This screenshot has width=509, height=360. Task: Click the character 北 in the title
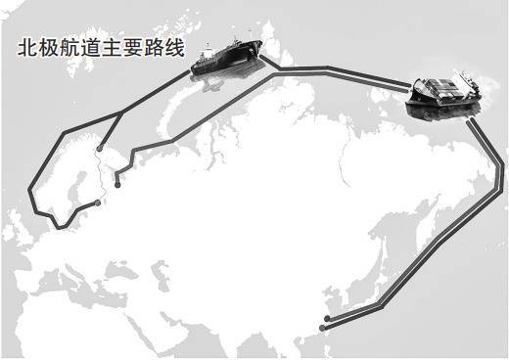[27, 48]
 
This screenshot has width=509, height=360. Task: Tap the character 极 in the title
[49, 48]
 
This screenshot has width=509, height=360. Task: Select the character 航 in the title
[69, 48]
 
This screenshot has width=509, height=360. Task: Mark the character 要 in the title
[133, 48]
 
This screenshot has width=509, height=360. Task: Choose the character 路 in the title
[155, 48]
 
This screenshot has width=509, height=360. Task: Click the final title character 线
[175, 48]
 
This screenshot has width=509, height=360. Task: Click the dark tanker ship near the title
[227, 58]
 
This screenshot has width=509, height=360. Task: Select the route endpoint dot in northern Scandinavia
[100, 149]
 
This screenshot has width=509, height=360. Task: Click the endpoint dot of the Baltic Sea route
[97, 203]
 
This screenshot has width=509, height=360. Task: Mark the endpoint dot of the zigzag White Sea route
[117, 185]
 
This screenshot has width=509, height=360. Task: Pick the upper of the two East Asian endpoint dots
[327, 318]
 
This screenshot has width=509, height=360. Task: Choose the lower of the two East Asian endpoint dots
[322, 328]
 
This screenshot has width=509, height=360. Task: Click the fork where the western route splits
[121, 113]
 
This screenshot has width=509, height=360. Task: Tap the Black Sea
[116, 270]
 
